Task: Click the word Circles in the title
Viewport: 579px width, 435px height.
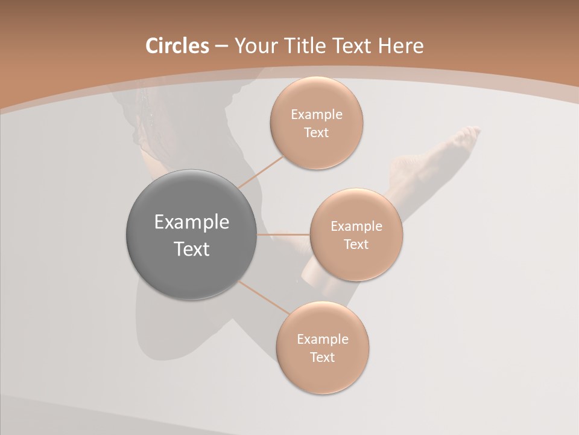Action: (x=177, y=46)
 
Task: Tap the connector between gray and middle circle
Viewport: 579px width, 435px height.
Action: (x=283, y=234)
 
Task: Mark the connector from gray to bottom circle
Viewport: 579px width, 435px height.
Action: (x=264, y=297)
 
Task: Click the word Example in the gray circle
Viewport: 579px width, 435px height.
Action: (x=192, y=222)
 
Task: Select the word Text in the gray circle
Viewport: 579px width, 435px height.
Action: (x=192, y=249)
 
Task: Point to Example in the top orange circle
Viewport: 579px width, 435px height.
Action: (x=317, y=115)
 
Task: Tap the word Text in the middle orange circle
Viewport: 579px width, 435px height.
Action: (x=356, y=244)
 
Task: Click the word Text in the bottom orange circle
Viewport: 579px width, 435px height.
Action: (x=323, y=357)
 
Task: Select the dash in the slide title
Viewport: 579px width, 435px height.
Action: (x=221, y=46)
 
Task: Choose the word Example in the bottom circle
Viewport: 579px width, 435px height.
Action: (x=323, y=339)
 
